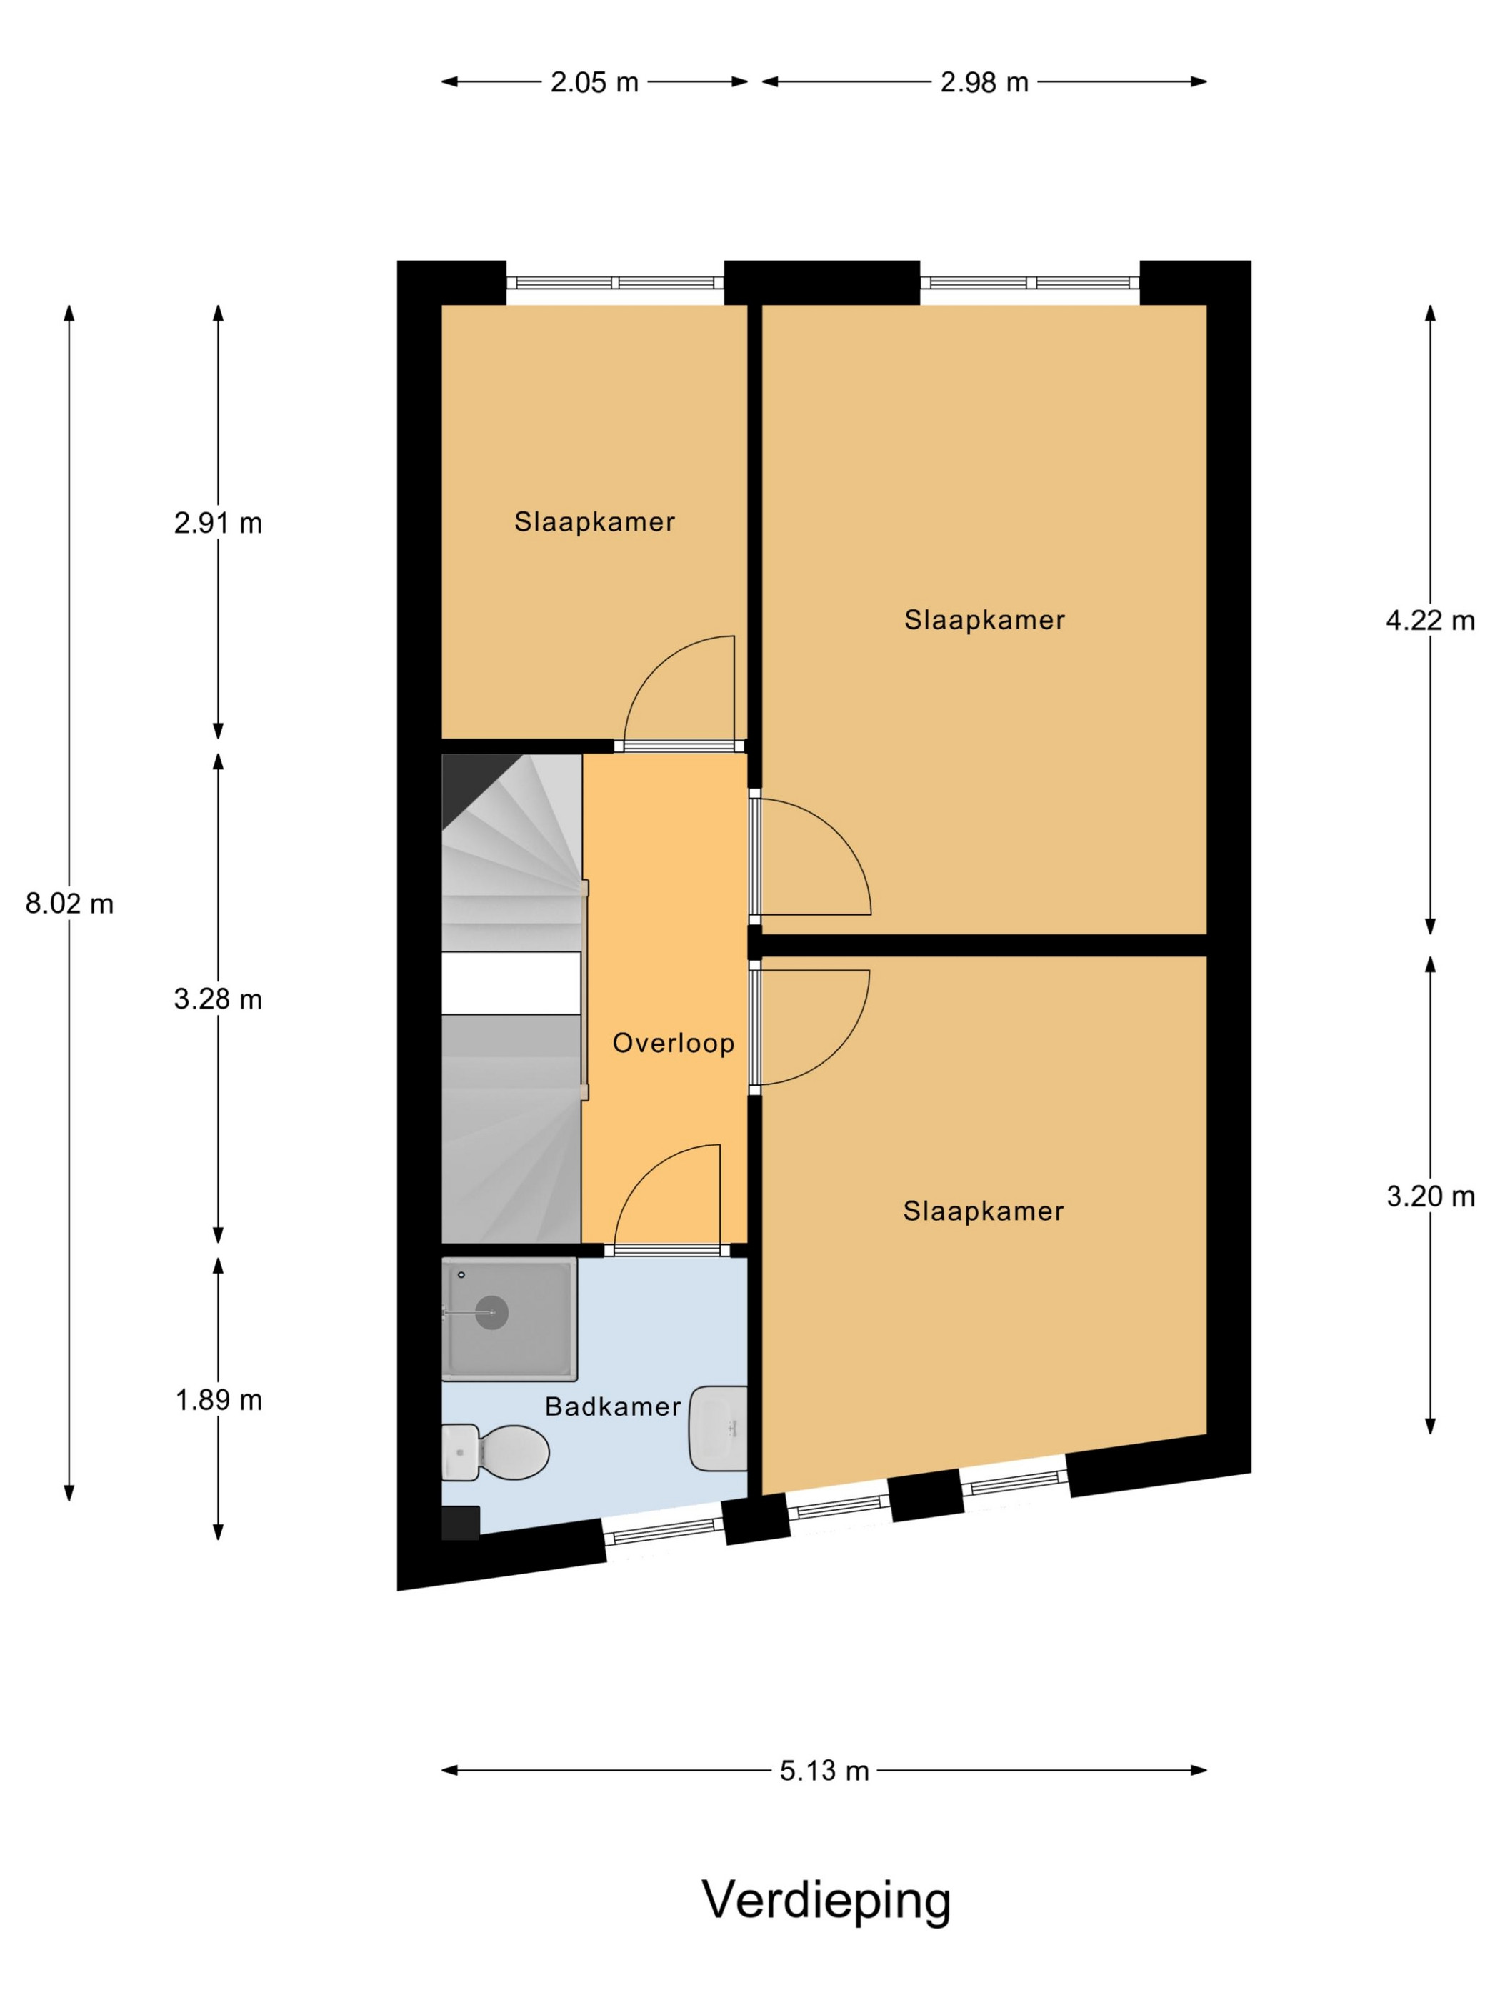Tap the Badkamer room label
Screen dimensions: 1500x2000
point(612,1406)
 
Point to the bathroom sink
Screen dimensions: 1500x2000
point(718,1429)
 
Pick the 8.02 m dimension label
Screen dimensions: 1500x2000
point(69,904)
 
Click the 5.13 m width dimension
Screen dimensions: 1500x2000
point(824,1770)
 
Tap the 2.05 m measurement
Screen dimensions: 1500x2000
point(594,82)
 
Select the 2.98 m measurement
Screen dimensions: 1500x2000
point(984,82)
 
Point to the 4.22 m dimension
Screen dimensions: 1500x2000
point(1429,620)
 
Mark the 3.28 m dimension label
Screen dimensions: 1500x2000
point(218,999)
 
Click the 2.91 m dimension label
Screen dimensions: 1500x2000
point(218,523)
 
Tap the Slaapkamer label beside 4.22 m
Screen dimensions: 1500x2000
point(984,619)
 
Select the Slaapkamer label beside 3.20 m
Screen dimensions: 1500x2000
point(983,1211)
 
